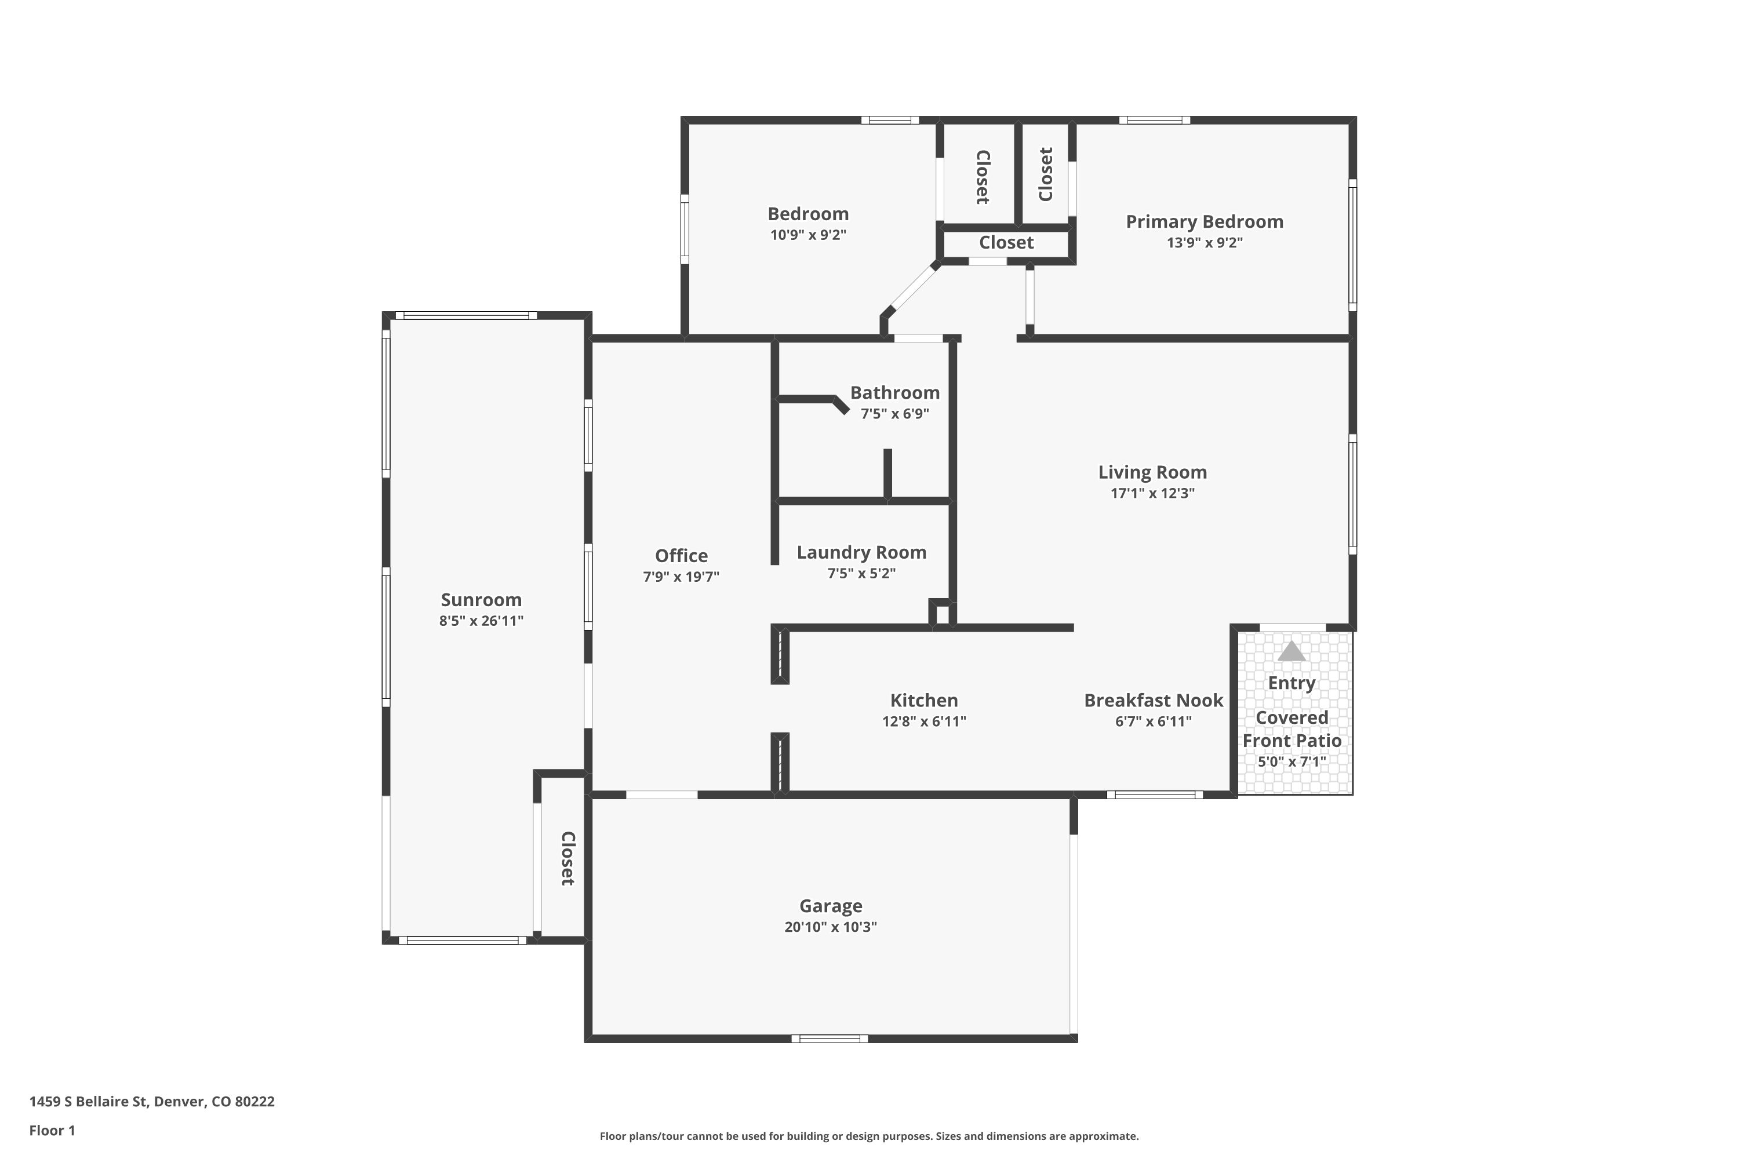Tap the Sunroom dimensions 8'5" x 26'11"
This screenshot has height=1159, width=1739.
click(481, 621)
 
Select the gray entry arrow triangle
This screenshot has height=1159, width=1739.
click(1291, 651)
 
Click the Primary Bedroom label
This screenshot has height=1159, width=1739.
click(1204, 222)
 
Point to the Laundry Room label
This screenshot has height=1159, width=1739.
click(861, 552)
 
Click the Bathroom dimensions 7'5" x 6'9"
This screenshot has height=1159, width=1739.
click(894, 414)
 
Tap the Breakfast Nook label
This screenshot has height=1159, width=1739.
click(1153, 700)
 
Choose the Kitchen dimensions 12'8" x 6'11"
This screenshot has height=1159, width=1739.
click(923, 721)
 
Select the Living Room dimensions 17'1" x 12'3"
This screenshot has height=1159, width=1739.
click(1152, 493)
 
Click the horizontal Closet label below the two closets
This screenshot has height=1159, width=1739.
click(1006, 242)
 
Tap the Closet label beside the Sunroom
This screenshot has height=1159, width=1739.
click(567, 858)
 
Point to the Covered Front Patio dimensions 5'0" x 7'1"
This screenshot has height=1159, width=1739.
click(1291, 761)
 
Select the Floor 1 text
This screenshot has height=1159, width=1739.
click(52, 1130)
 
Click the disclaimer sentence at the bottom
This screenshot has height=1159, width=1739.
click(869, 1136)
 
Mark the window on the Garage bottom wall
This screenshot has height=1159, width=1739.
click(829, 1038)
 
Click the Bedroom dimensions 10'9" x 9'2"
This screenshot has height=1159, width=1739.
click(807, 235)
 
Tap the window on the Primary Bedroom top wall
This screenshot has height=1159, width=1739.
click(1154, 120)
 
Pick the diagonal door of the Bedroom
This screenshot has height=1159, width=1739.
click(912, 287)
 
